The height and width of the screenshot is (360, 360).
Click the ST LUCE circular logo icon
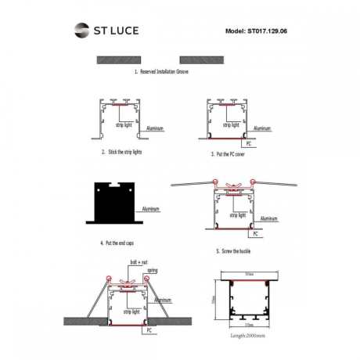tap(82, 31)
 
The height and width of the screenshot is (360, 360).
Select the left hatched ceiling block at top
tap(120, 59)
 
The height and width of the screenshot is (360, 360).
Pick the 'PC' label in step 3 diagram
tap(247, 145)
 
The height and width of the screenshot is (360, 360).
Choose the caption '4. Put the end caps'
tap(123, 244)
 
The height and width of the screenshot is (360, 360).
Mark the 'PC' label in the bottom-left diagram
tap(147, 331)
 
